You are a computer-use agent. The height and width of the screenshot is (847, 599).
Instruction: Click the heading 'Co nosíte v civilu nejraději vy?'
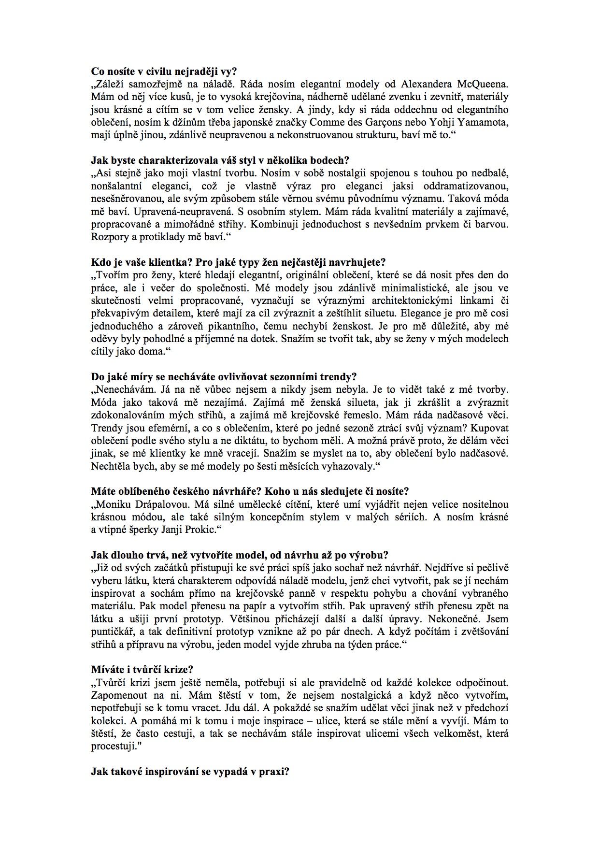coord(164,72)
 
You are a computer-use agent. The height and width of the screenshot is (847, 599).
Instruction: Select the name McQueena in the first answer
coord(483,85)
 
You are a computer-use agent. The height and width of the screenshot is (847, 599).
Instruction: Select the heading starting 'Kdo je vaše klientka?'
coord(238,262)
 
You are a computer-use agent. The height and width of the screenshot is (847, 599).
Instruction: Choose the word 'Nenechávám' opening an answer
coord(118,390)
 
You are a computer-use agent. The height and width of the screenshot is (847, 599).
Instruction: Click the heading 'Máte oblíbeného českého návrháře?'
coord(250,491)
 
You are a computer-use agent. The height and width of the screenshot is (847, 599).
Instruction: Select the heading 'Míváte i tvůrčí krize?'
coord(142,669)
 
